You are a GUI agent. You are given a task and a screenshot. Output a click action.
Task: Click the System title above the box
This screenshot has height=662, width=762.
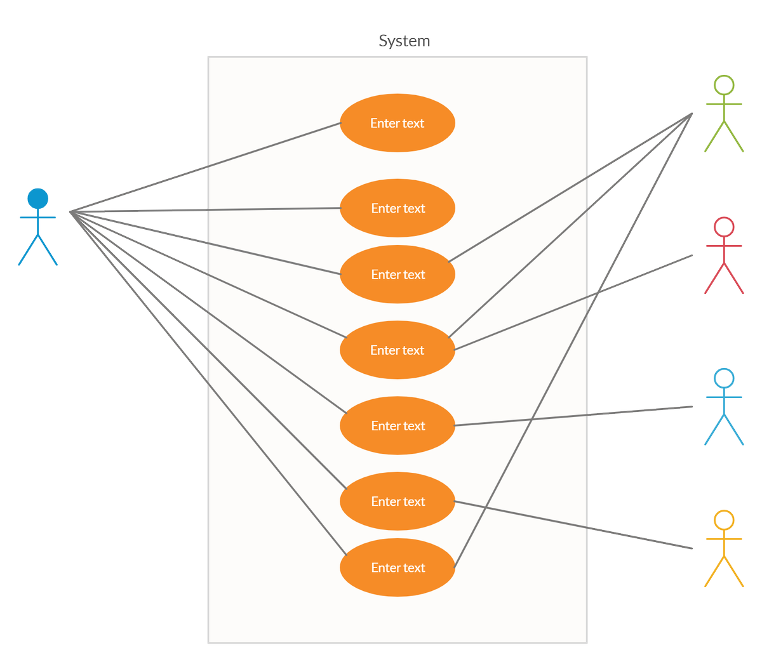[404, 41]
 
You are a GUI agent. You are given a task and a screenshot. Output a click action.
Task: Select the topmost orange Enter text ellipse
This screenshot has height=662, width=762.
[397, 122]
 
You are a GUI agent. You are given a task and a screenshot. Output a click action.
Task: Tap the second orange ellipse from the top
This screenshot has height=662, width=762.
[397, 208]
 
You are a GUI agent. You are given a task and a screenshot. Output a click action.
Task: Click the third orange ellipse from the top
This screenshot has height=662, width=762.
[397, 274]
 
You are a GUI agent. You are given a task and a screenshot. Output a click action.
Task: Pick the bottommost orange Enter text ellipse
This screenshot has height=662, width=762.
[397, 567]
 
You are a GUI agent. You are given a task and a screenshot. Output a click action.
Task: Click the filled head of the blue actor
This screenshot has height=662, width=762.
[37, 198]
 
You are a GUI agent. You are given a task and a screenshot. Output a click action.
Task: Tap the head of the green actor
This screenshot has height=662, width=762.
[724, 85]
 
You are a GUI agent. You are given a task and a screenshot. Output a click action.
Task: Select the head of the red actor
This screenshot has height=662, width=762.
[724, 227]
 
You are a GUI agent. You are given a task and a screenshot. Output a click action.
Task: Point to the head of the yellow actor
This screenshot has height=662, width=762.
[724, 520]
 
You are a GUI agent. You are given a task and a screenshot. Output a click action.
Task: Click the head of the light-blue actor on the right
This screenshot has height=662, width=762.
[724, 378]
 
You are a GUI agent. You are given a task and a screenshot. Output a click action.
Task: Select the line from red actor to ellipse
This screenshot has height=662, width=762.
[573, 303]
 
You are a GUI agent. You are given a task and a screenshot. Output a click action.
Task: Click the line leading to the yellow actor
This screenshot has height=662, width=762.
[573, 525]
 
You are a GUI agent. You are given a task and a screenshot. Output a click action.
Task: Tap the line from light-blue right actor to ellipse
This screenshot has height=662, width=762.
[573, 416]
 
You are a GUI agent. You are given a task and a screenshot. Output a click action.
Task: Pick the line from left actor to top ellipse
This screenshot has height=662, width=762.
[205, 167]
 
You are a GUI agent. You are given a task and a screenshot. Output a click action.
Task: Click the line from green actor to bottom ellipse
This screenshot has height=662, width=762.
[573, 340]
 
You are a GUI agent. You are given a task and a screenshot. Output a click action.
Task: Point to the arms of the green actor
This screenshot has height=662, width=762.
[724, 104]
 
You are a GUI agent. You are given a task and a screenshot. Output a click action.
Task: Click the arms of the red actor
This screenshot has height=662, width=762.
[724, 246]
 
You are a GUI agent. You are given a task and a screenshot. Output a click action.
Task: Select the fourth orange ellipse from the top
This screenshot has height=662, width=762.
[397, 350]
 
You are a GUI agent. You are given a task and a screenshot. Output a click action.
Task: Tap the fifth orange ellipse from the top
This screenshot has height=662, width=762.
[397, 425]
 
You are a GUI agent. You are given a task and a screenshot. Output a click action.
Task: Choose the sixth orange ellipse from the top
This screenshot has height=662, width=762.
[397, 501]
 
